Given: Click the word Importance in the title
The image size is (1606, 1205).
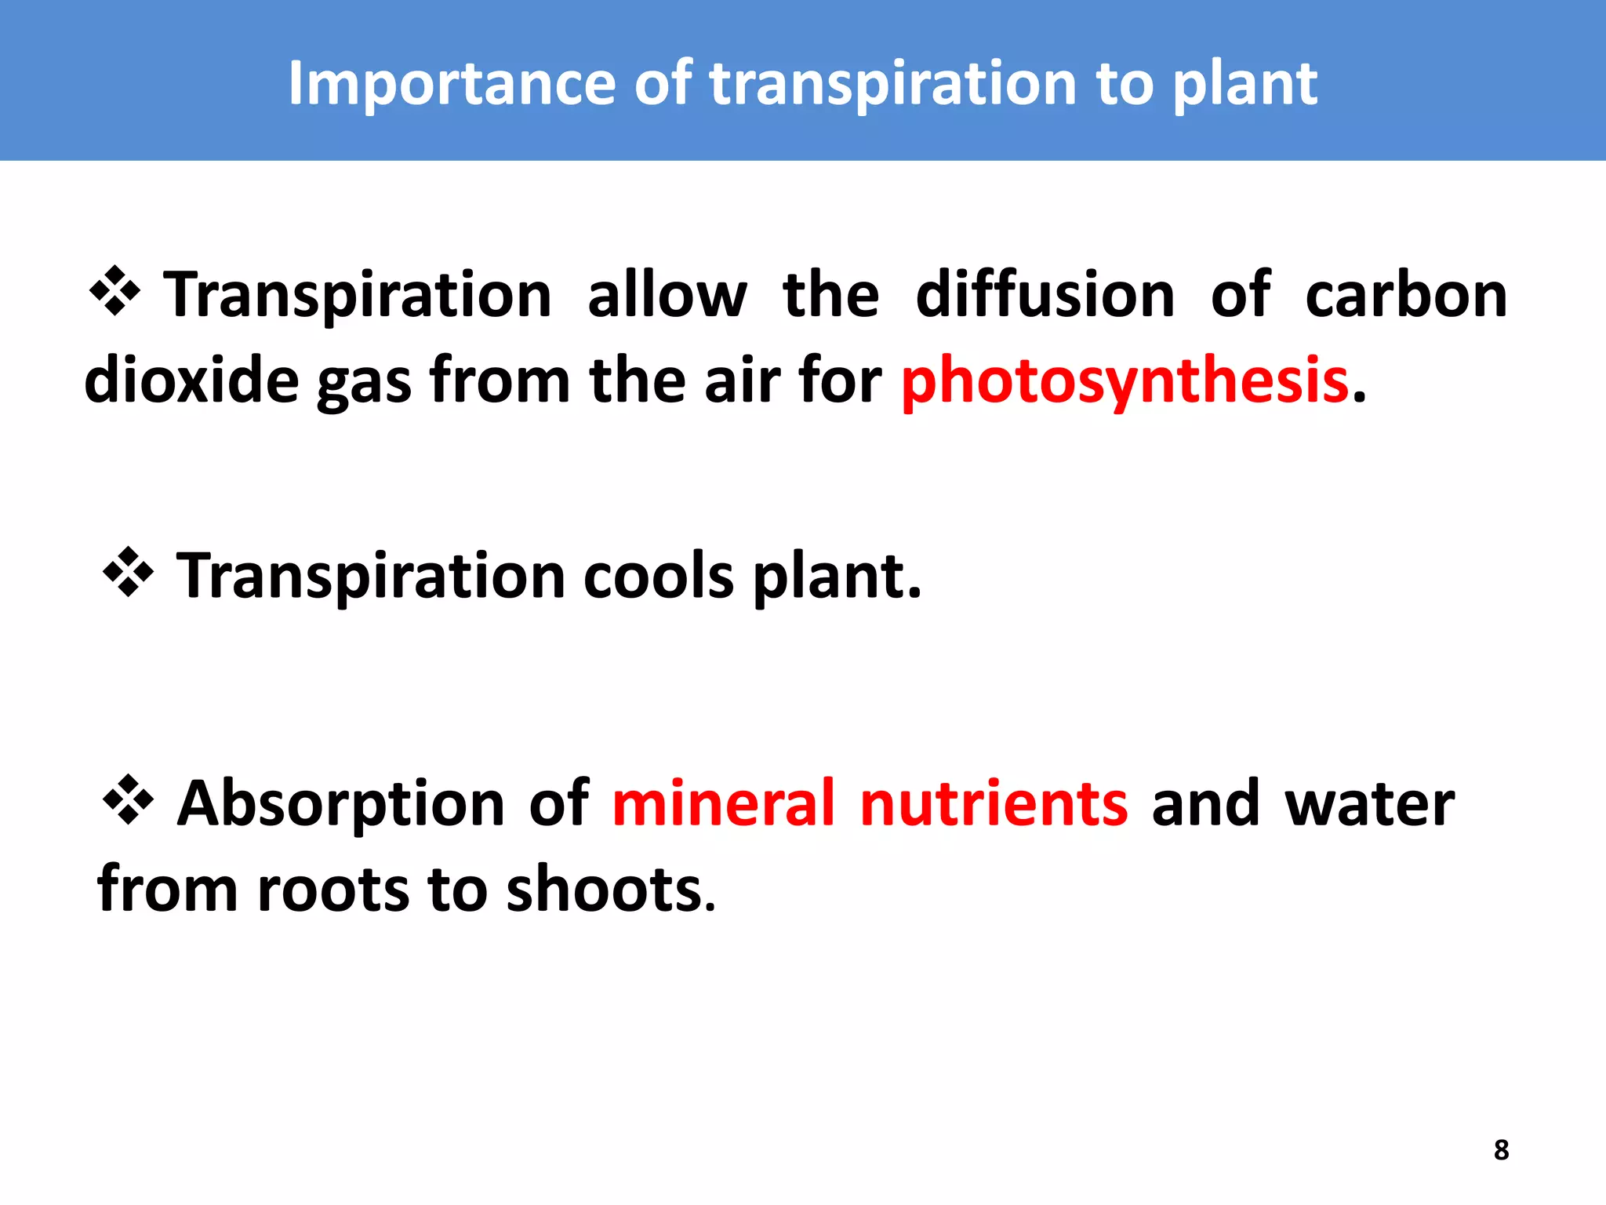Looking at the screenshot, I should (x=452, y=84).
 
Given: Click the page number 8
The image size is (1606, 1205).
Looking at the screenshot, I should (x=1501, y=1149).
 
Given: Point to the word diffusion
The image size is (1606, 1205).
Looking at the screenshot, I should (x=1045, y=295).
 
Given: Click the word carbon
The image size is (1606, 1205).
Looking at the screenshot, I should (x=1406, y=295).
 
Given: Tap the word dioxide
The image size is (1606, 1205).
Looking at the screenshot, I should (x=191, y=380).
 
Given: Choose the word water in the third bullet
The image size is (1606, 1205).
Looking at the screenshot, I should (x=1369, y=805).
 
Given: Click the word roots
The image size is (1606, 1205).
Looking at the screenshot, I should (x=332, y=890).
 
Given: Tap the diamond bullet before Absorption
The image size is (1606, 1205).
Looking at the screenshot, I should (x=128, y=799).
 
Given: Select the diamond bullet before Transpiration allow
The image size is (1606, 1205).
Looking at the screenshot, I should (x=114, y=291).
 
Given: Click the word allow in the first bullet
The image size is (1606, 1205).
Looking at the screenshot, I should (x=667, y=295).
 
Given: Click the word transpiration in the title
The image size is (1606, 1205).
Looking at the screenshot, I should (x=893, y=84).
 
